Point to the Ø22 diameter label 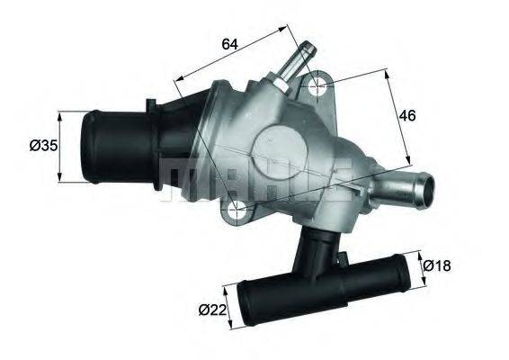pyautogui.click(x=213, y=311)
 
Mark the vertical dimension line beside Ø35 pyautogui.click(x=60, y=146)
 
